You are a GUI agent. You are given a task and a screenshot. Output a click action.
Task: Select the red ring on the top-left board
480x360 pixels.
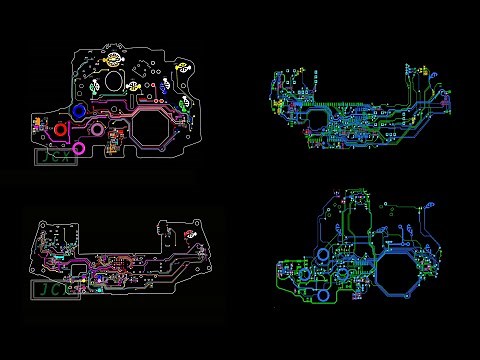coord(62,129)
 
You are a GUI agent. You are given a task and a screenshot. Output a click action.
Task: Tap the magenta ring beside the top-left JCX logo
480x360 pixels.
coord(97,128)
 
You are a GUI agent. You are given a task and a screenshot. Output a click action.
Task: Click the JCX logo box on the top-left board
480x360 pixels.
coord(55,155)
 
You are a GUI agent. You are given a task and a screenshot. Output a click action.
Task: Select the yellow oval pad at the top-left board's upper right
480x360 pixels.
coord(183,67)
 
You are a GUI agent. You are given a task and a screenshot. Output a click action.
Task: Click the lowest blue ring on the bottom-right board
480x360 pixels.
coord(321,294)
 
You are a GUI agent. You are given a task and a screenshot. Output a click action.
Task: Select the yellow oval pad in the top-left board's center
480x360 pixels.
coord(159,87)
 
